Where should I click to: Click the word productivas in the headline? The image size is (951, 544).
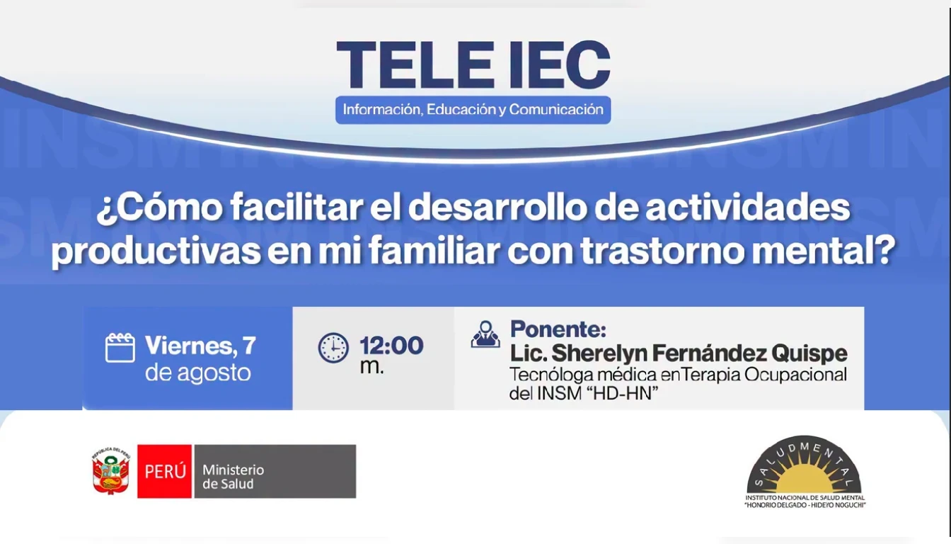(x=156, y=251)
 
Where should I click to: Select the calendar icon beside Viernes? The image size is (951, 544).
(x=120, y=348)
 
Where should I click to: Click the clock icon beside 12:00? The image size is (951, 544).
(x=333, y=348)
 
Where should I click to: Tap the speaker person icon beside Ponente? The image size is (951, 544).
(x=485, y=334)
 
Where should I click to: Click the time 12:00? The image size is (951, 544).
(x=391, y=346)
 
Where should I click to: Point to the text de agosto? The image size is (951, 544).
(x=198, y=373)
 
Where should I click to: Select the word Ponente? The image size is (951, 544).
(x=558, y=329)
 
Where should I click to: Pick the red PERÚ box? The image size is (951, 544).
(x=164, y=471)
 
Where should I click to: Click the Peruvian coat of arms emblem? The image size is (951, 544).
(x=111, y=471)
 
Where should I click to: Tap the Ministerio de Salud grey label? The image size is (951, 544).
(x=275, y=471)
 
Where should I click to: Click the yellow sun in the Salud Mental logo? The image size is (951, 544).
(x=805, y=480)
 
